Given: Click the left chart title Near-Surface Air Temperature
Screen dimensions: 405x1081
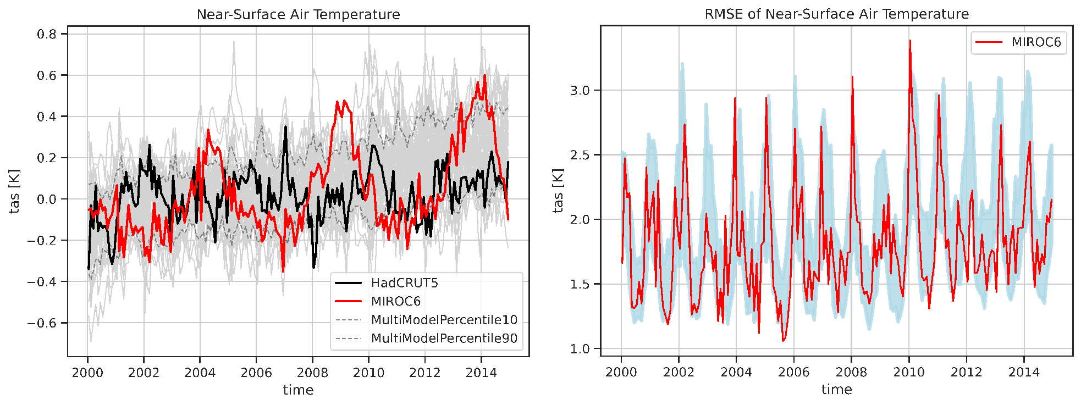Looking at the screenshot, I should click(298, 14).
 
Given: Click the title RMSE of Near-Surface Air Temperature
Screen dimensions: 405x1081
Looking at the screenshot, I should click(836, 14).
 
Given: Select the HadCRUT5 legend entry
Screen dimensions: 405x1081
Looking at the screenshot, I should click(404, 283).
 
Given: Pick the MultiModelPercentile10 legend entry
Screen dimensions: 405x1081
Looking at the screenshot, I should click(444, 320).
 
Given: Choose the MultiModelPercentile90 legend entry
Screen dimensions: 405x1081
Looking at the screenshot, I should click(444, 338).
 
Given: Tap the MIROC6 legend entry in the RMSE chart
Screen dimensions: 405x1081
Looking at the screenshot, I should click(1036, 42).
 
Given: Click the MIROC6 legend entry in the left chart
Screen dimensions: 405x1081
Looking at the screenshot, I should click(395, 301).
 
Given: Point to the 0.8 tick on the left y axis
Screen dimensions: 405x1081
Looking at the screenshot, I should click(47, 34).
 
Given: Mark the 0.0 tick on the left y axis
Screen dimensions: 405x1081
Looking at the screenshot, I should click(47, 199).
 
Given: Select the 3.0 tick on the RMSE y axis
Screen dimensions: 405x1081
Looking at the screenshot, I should click(580, 91).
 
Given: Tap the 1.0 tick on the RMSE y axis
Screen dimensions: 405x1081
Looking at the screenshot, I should click(580, 349).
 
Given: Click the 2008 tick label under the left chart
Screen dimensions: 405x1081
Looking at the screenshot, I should click(312, 373).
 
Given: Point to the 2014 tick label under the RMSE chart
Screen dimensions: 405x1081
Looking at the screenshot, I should click(1024, 373).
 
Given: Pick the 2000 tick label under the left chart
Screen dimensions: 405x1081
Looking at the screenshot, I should click(87, 373).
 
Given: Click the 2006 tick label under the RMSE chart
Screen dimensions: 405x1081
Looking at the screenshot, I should click(793, 373).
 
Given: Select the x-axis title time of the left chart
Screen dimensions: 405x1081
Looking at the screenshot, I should click(298, 390).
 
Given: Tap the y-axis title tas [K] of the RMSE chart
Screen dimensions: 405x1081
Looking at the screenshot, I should click(559, 191).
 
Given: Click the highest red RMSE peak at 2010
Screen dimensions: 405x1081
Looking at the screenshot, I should click(910, 41).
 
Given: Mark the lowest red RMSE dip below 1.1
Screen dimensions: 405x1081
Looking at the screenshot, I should click(783, 341).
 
